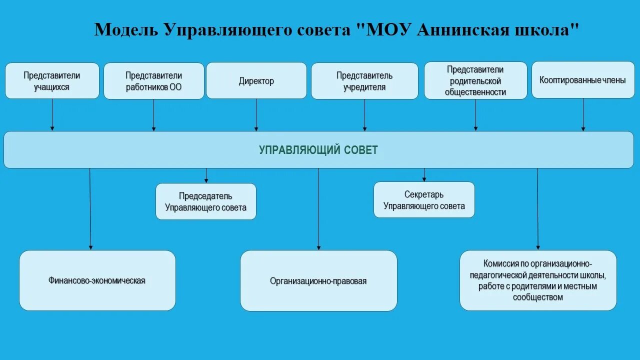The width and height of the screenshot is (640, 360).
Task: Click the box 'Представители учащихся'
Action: [52, 80]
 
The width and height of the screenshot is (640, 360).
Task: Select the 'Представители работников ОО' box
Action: [153, 80]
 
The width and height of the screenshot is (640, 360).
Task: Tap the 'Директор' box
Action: [256, 80]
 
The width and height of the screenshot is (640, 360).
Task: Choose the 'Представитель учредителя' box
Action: [364, 81]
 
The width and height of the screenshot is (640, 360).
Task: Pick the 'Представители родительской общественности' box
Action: [475, 80]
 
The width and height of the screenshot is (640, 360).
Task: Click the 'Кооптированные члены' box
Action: [582, 79]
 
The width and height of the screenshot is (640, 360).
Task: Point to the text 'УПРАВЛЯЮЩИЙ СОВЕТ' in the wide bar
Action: [318, 150]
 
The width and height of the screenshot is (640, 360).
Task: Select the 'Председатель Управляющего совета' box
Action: [205, 201]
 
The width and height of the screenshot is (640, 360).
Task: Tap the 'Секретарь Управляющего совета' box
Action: [424, 200]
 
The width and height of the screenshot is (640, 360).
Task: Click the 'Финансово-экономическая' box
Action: [97, 280]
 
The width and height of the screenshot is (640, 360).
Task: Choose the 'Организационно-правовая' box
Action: [318, 280]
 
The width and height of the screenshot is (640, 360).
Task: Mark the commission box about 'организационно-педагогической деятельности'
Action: [538, 280]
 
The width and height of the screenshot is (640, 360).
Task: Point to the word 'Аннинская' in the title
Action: [463, 29]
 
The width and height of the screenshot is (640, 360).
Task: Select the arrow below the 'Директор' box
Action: [256, 114]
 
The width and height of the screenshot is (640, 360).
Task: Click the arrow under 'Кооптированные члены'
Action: [583, 114]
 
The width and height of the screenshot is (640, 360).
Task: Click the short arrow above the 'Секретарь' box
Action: [424, 174]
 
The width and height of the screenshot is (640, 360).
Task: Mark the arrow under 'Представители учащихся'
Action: [52, 114]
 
